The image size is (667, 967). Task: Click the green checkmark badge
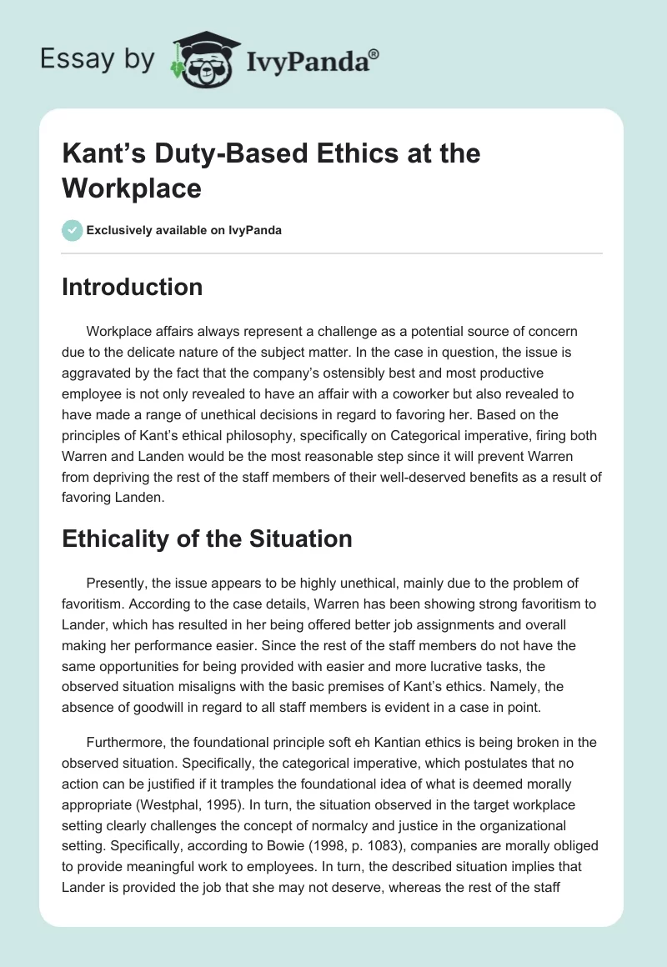(x=73, y=230)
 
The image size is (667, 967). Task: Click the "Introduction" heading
(x=133, y=287)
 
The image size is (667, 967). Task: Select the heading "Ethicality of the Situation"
(x=207, y=539)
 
